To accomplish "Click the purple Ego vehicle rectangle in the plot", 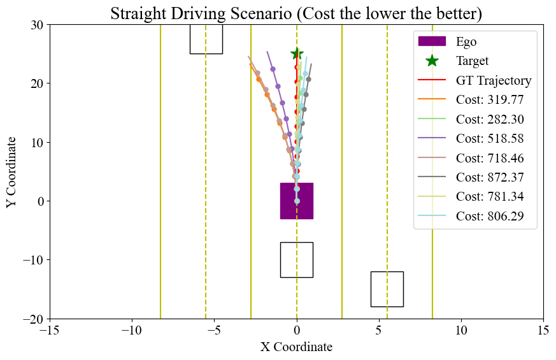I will point(296,201).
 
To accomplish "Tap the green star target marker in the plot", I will point(297,54).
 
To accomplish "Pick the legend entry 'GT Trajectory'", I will point(494,81).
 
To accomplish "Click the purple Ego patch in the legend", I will point(432,42).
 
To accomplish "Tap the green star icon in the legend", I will point(432,61).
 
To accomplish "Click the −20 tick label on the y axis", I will point(33,319).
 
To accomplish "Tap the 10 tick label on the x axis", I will point(461,331).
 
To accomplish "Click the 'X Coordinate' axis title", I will point(296,347).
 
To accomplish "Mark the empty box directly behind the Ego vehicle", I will point(296,260).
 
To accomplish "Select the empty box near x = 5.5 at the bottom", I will point(387,289).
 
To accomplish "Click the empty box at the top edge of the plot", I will point(206,40).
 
